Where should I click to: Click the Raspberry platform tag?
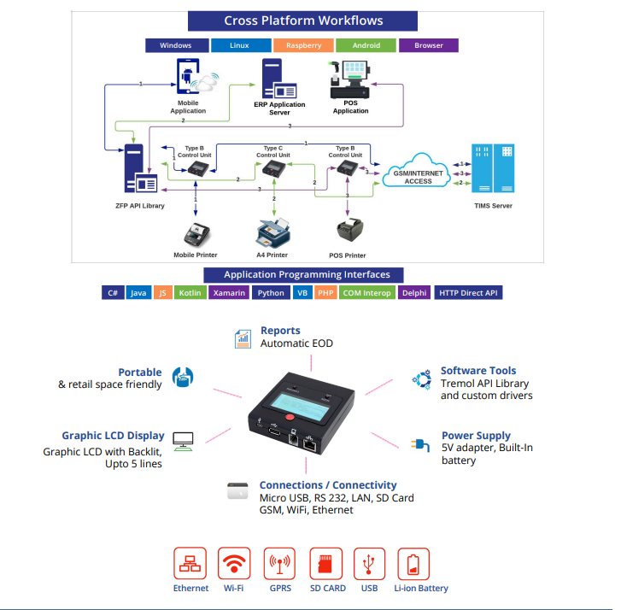click(x=303, y=45)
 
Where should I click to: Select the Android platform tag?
click(x=366, y=45)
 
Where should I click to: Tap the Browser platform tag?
click(x=428, y=45)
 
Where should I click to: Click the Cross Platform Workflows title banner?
click(x=303, y=21)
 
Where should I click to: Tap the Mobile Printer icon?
click(x=197, y=233)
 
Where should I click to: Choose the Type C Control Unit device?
click(x=273, y=170)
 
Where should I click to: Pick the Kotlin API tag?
click(x=190, y=293)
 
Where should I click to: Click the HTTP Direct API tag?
click(x=468, y=293)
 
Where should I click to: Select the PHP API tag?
click(x=325, y=293)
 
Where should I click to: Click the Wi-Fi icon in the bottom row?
click(x=234, y=564)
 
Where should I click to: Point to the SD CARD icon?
click(x=325, y=564)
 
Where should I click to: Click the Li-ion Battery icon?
click(x=413, y=564)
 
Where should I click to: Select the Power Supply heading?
click(x=476, y=436)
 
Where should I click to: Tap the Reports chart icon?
click(x=243, y=339)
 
